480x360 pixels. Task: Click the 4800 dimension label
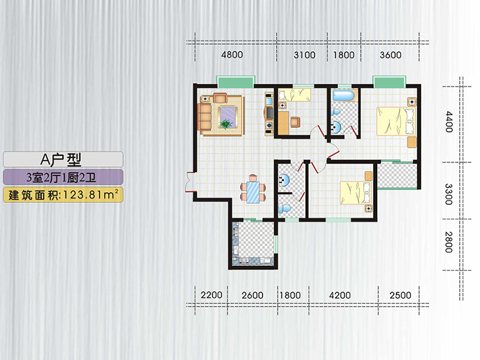coord(232,55)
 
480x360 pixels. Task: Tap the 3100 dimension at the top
coord(305,55)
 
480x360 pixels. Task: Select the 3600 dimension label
coord(390,55)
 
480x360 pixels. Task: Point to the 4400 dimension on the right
coord(449,122)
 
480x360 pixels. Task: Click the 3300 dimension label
coord(449,194)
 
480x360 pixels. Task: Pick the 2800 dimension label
coord(449,242)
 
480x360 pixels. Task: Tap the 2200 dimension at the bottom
coord(211,295)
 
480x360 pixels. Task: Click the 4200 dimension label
coord(340,295)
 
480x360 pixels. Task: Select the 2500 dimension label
coord(400,295)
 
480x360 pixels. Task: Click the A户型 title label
coord(61,159)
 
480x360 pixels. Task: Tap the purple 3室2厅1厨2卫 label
coord(61,178)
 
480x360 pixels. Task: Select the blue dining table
coord(253,192)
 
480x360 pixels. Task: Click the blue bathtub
coord(343,95)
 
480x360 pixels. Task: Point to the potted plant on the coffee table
coord(226,124)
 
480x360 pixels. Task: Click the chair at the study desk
coord(295,122)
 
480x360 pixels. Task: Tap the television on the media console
coord(270,113)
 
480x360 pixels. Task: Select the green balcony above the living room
coord(235,82)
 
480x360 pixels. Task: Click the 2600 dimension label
coord(252,295)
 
